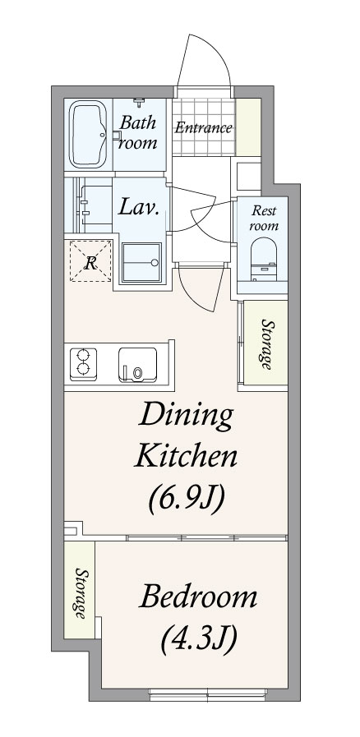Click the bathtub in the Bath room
coord(88,135)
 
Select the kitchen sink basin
coord(137,365)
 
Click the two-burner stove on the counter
coord(83,364)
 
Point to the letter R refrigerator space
coord(90,260)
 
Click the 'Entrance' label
coord(204,128)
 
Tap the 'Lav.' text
coord(138,207)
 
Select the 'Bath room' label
coord(137,132)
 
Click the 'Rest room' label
coord(263,218)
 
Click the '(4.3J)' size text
coord(198,638)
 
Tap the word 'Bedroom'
coord(198,597)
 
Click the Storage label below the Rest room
coord(266,344)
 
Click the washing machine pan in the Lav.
coord(141,263)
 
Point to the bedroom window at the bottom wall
coord(208,692)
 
